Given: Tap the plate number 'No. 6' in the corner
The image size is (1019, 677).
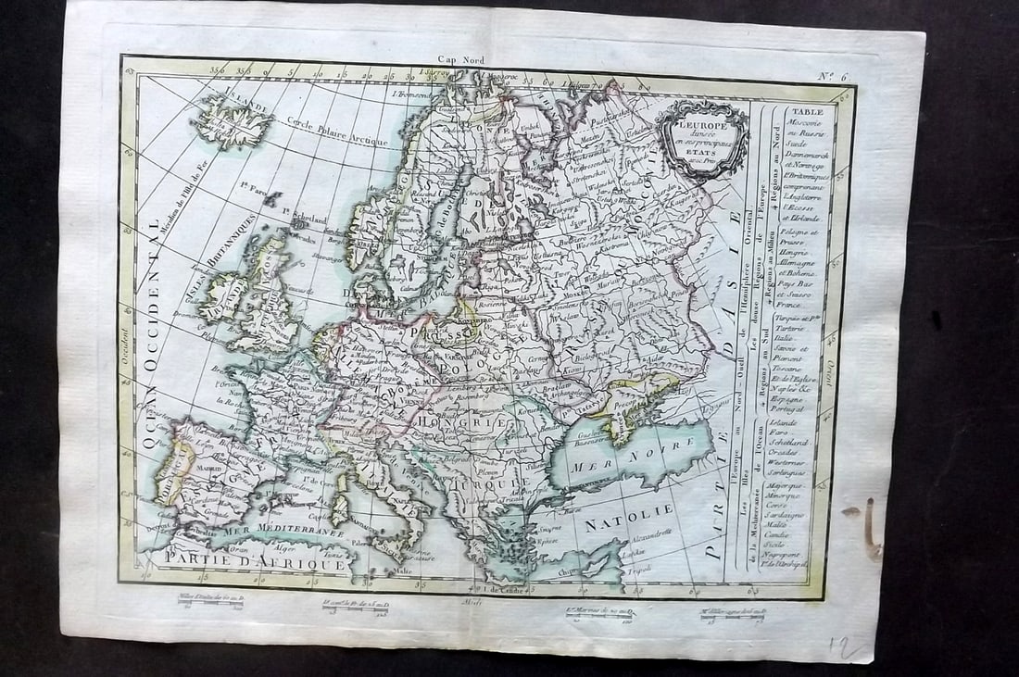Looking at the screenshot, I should [833, 77].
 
